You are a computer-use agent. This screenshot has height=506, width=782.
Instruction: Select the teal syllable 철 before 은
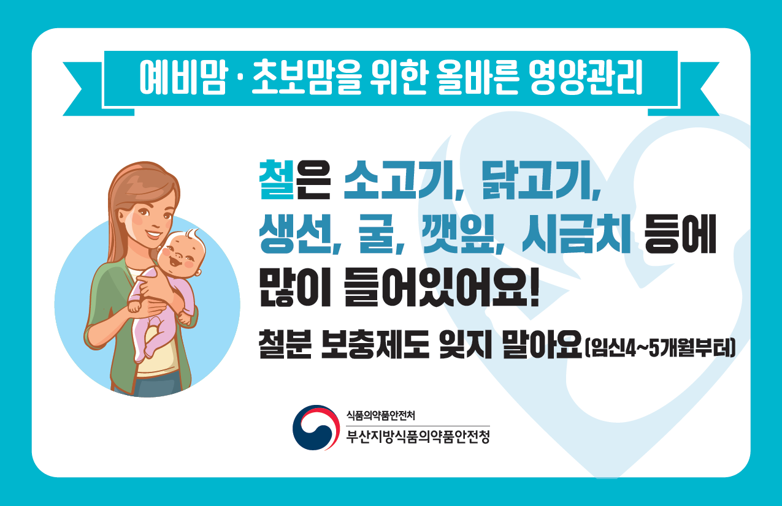pyautogui.click(x=276, y=179)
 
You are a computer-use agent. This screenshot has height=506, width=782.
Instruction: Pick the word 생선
pyautogui.click(x=294, y=233)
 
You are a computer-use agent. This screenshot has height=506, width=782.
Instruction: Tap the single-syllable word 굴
pyautogui.click(x=376, y=233)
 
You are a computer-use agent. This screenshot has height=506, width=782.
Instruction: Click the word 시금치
pyautogui.click(x=576, y=233)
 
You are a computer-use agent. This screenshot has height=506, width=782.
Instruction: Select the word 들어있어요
pyautogui.click(x=435, y=287)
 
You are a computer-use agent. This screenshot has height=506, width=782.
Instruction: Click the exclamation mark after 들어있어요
pyautogui.click(x=534, y=287)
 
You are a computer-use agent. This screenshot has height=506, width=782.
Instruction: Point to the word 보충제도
pyautogui.click(x=375, y=344)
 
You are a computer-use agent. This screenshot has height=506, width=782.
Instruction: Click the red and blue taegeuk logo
pyautogui.click(x=316, y=428)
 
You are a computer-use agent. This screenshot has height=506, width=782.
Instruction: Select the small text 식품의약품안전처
pyautogui.click(x=380, y=415)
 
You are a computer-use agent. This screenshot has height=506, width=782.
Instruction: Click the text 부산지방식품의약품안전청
pyautogui.click(x=418, y=437)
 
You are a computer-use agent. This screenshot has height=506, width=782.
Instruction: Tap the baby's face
pyautogui.click(x=180, y=255)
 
